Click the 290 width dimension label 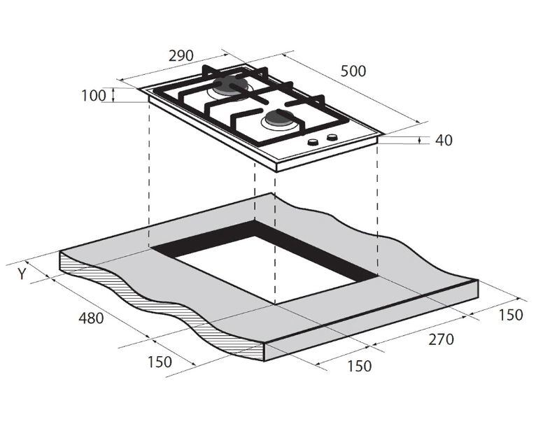pos(181,56)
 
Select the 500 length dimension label pos(353,71)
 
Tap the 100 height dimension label pos(94,95)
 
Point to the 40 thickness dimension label pos(444,140)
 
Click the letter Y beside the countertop pos(22,274)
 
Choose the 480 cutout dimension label pos(91,318)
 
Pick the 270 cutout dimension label pos(442,339)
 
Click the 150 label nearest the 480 pos(160,362)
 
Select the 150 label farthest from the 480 pos(510,315)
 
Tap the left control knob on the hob pos(313,141)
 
